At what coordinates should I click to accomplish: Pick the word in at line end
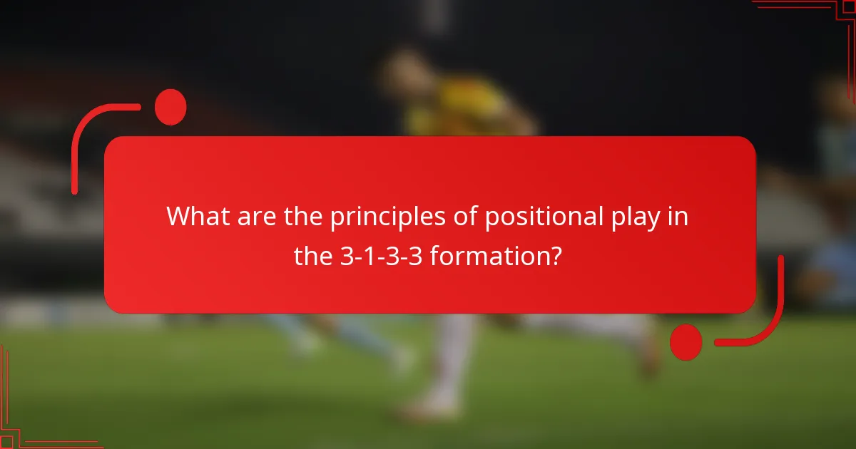[681, 217]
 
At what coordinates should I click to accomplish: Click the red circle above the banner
[170, 107]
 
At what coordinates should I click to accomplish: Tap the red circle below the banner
[686, 341]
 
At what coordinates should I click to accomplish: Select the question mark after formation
[554, 256]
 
